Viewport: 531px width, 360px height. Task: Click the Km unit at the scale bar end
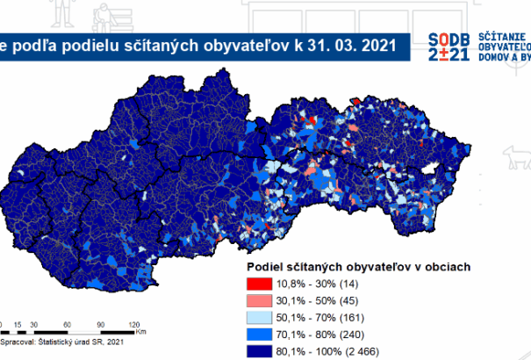[x=141, y=333]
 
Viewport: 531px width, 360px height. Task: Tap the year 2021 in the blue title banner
[x=366, y=42]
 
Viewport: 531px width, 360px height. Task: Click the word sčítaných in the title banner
[x=154, y=42]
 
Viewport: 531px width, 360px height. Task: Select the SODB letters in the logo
[x=450, y=39]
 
